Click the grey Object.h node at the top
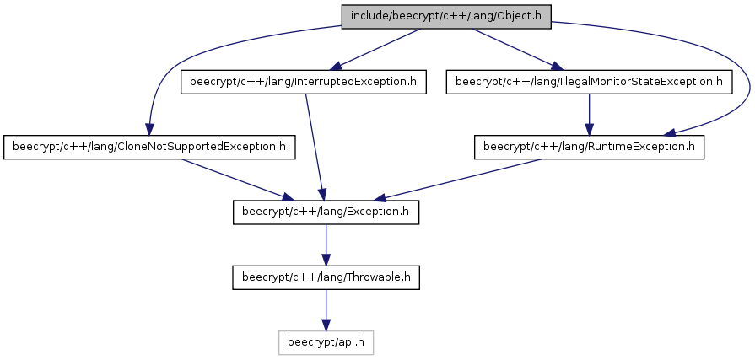point(446,16)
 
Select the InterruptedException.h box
point(304,82)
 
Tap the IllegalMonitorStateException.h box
point(589,82)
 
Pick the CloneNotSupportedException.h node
point(149,147)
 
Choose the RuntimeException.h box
point(589,147)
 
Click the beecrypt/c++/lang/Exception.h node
point(326,212)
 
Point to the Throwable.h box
point(326,277)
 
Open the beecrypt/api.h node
point(326,342)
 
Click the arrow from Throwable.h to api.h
point(326,310)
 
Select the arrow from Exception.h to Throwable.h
point(326,245)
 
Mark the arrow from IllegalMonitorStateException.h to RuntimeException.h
point(589,115)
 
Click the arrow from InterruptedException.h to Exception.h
point(315,148)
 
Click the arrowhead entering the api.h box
point(326,325)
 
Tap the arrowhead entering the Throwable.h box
point(326,261)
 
